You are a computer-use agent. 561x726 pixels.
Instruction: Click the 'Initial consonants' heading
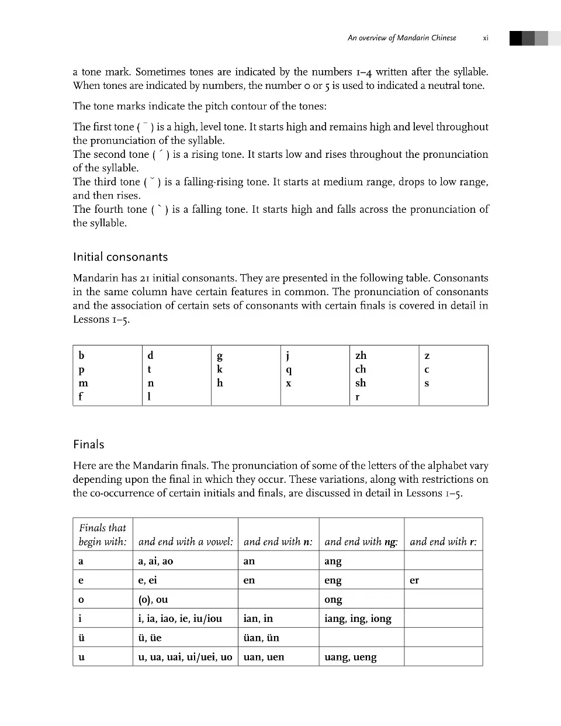tap(120, 257)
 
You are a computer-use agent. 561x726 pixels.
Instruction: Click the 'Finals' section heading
tap(89, 445)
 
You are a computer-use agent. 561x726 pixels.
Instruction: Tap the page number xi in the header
tap(486, 38)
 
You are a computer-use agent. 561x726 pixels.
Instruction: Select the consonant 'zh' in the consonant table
tap(361, 355)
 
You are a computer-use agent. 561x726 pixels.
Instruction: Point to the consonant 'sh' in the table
tap(361, 383)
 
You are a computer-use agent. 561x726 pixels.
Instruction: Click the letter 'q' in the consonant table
tap(289, 370)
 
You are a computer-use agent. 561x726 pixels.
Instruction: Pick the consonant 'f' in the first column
tap(81, 397)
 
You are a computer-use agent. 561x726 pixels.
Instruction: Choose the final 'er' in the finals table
tap(414, 580)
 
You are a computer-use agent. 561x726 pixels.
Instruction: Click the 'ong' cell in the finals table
tap(333, 600)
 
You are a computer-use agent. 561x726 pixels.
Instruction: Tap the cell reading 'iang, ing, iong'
tap(358, 618)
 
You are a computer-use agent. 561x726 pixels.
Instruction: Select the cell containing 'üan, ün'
tap(261, 638)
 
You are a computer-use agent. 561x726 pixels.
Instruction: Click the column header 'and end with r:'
tap(443, 542)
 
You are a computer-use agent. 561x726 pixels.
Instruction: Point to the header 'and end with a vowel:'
tap(185, 542)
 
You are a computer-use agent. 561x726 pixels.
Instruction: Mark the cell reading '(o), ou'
tap(153, 600)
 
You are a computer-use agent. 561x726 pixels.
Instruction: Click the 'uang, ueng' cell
tap(351, 657)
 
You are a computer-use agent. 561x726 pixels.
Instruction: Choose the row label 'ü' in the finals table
tap(81, 638)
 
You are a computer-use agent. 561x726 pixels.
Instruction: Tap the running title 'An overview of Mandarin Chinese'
tap(401, 38)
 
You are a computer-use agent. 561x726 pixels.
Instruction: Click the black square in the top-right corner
tap(515, 39)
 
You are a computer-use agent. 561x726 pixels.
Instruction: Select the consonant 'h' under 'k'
tap(220, 383)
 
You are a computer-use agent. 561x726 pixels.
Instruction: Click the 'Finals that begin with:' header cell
tap(102, 535)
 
